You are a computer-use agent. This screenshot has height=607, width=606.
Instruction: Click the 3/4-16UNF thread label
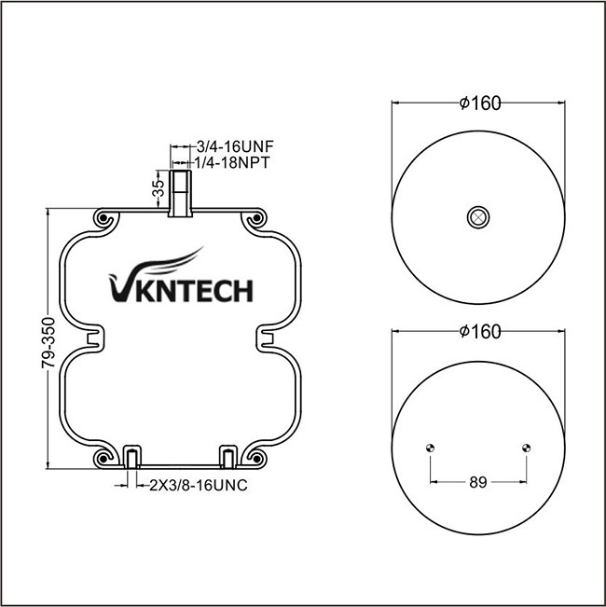(x=235, y=146)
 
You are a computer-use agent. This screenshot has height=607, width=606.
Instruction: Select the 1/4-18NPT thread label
(x=231, y=162)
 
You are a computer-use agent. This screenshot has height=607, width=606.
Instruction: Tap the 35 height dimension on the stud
(x=158, y=188)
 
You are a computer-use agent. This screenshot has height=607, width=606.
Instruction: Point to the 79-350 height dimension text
(x=48, y=343)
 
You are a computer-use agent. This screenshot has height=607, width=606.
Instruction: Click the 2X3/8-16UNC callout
(x=199, y=485)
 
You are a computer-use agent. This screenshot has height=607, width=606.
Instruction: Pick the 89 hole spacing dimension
(x=478, y=482)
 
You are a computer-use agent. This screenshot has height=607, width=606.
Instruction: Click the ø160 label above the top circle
(x=480, y=103)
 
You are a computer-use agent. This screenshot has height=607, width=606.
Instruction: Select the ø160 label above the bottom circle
(x=480, y=332)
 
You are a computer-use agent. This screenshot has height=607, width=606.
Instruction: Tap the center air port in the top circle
(x=478, y=217)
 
